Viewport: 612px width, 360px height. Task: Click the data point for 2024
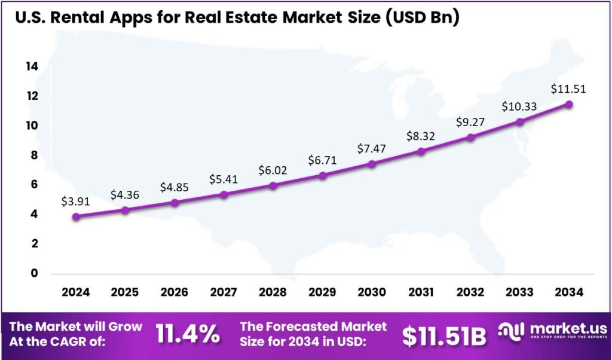pyautogui.click(x=76, y=216)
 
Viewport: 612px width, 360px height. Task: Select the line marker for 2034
pyautogui.click(x=569, y=104)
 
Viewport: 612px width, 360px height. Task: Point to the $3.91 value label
pyautogui.click(x=75, y=202)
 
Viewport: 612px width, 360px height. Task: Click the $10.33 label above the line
pyautogui.click(x=519, y=106)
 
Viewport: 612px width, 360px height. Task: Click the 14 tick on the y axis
pyautogui.click(x=32, y=66)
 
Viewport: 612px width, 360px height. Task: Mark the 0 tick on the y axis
pyautogui.click(x=34, y=273)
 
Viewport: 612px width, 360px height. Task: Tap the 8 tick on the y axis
pyautogui.click(x=34, y=155)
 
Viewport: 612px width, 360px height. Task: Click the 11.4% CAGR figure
pyautogui.click(x=188, y=334)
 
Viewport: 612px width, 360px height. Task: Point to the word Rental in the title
pyautogui.click(x=81, y=18)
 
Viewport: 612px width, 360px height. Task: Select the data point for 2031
pyautogui.click(x=421, y=151)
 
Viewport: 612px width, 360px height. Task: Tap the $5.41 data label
pyautogui.click(x=224, y=179)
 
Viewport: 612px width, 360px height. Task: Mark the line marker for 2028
pyautogui.click(x=273, y=185)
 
